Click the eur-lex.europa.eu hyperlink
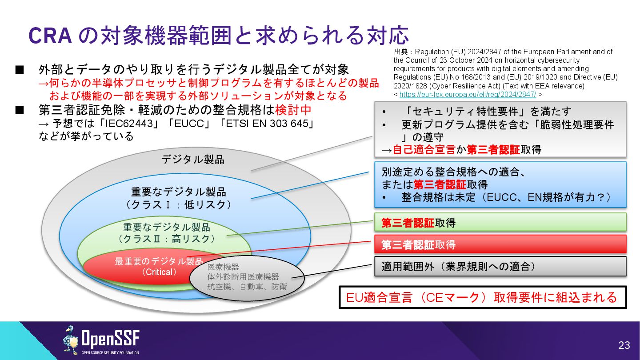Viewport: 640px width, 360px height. tap(468, 94)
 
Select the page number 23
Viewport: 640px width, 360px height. tap(624, 345)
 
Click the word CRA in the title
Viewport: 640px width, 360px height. tap(50, 36)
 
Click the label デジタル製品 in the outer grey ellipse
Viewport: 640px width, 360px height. tap(192, 159)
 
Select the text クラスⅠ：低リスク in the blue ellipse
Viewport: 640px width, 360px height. tap(179, 205)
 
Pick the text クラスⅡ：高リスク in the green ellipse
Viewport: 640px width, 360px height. tap(166, 239)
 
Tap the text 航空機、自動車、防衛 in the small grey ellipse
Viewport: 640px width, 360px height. tap(247, 287)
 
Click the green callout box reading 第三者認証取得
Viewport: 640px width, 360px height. tap(500, 222)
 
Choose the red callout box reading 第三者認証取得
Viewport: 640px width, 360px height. tap(500, 244)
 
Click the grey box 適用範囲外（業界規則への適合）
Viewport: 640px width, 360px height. tap(500, 267)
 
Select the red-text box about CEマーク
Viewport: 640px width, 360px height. tap(482, 297)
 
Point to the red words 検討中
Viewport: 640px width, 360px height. tap(293, 109)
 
